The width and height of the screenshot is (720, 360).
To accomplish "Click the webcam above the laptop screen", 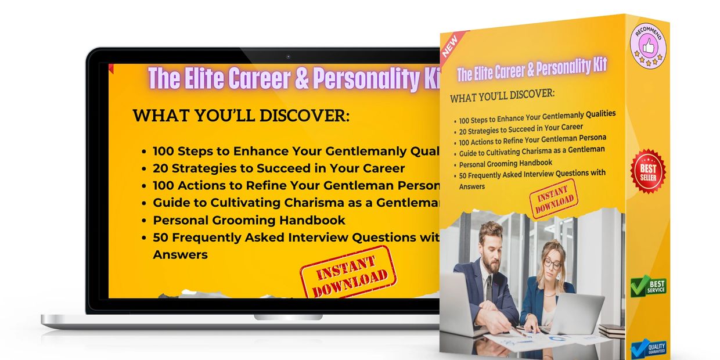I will (288, 57).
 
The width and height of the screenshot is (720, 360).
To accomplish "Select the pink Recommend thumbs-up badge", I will (647, 45).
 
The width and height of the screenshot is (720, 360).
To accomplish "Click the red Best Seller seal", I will (648, 171).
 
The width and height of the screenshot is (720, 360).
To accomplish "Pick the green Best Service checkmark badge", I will (648, 286).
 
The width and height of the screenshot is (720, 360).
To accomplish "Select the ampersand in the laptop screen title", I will (303, 79).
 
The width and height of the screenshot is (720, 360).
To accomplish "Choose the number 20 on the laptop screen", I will (162, 168).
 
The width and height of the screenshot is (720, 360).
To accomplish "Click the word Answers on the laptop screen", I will (180, 254).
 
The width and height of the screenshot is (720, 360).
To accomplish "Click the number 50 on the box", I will (463, 177).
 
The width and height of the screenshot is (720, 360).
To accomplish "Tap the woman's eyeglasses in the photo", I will (552, 264).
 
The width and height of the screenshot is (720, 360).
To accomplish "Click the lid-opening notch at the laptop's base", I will (288, 317).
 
